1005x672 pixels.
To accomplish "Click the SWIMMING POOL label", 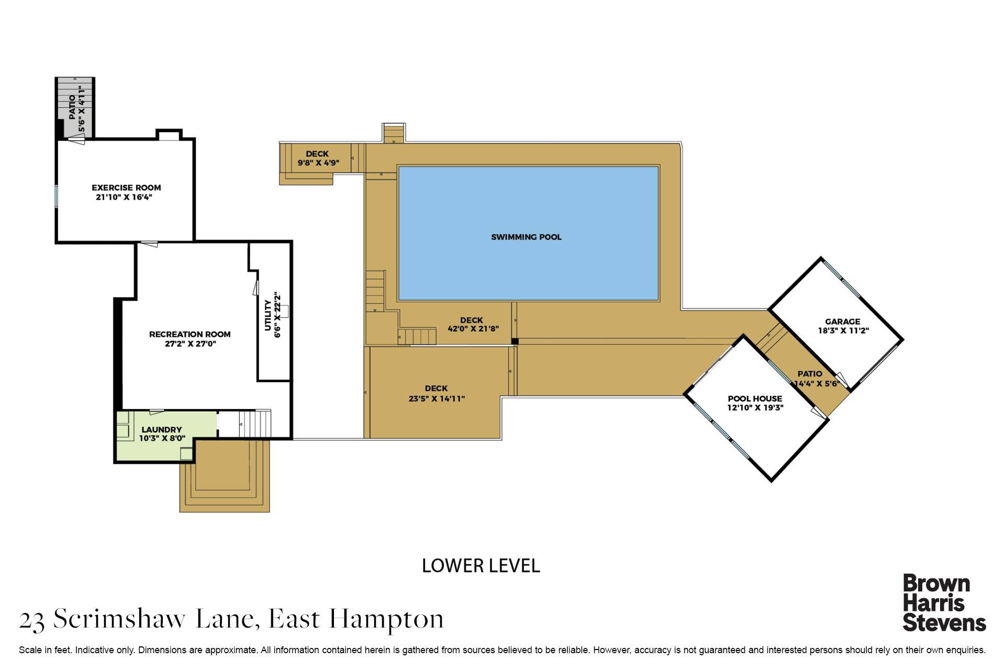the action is [526, 237].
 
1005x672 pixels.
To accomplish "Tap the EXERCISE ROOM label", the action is [126, 188].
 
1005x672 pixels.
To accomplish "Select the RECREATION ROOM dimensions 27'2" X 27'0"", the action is [191, 344].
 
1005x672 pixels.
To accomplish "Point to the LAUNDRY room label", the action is [162, 429].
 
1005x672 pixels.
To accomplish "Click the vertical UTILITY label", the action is [268, 315].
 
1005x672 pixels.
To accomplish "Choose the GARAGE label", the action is [843, 322].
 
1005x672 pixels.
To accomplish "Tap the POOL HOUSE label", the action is [755, 398].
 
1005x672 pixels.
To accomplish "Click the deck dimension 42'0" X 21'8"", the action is [473, 329].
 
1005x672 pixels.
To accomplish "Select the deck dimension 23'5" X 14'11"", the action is [437, 398].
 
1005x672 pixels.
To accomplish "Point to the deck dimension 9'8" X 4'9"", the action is [318, 163].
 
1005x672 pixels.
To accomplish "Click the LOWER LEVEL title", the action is [481, 566].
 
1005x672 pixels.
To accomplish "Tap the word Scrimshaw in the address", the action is [119, 619].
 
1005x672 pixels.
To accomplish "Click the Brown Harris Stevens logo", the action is [944, 603].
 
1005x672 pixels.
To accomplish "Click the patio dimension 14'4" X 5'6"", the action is [817, 384].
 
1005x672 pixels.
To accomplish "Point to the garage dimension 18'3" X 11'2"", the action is [843, 331].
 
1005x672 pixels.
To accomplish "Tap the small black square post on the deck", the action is [515, 341].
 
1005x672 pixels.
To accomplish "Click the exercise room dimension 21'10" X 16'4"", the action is [124, 197].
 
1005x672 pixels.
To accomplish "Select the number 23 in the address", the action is [32, 621].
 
